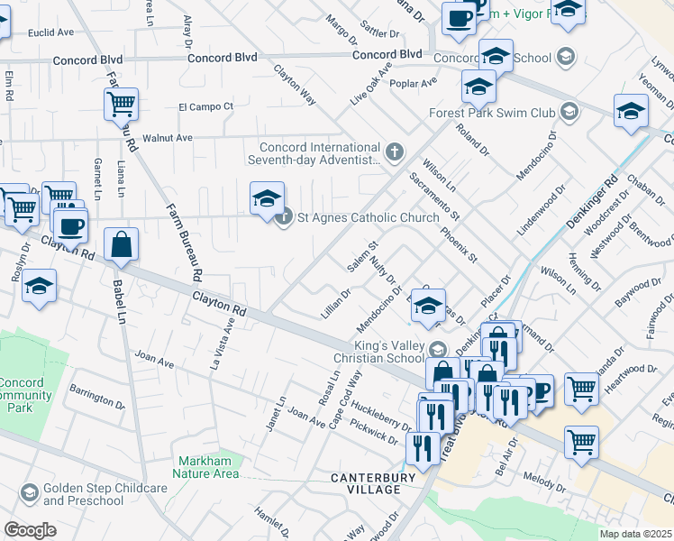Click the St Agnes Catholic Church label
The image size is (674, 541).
click(x=368, y=217)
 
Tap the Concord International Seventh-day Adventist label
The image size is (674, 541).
click(x=320, y=153)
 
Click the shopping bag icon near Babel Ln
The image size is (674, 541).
click(x=121, y=246)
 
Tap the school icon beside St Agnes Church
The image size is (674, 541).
click(x=267, y=199)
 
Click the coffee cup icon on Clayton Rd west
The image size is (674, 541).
click(x=70, y=225)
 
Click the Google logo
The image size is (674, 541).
click(x=30, y=530)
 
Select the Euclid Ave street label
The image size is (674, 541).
click(x=50, y=32)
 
